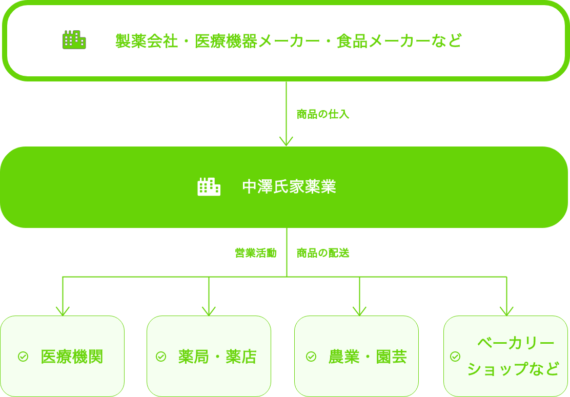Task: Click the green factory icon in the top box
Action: (x=74, y=40)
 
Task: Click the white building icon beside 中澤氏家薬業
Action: (x=209, y=187)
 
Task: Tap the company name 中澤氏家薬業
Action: (x=289, y=187)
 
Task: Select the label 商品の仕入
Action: (x=323, y=114)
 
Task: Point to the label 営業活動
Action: (x=255, y=253)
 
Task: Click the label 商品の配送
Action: (x=323, y=253)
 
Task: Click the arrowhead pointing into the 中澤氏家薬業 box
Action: (x=286, y=141)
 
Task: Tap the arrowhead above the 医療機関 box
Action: (x=63, y=310)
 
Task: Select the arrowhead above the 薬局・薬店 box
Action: (x=209, y=310)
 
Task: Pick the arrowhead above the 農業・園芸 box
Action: (x=359, y=310)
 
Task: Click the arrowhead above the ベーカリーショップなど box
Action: (x=506, y=310)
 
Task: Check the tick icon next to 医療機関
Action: (x=23, y=357)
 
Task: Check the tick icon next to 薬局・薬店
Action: (x=161, y=357)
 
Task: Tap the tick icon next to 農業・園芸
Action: (x=311, y=357)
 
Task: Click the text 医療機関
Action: (x=72, y=357)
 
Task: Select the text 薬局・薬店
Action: (x=217, y=357)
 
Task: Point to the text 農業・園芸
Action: (x=368, y=357)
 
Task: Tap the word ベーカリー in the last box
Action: (x=516, y=343)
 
